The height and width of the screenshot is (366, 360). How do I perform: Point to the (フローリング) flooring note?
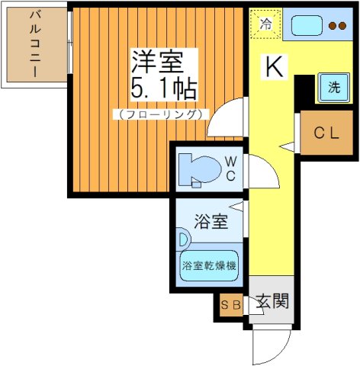159,114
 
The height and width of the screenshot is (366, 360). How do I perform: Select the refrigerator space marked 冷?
265,24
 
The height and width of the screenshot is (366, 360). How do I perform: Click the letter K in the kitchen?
274,68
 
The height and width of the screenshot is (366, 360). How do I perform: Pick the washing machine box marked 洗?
333,87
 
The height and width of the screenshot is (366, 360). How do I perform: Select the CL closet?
326,133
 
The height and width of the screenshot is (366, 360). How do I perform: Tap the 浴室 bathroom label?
211,223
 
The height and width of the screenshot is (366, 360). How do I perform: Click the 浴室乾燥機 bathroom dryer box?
209,266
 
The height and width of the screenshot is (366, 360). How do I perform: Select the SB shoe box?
230,306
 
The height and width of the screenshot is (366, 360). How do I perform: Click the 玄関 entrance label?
271,301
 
